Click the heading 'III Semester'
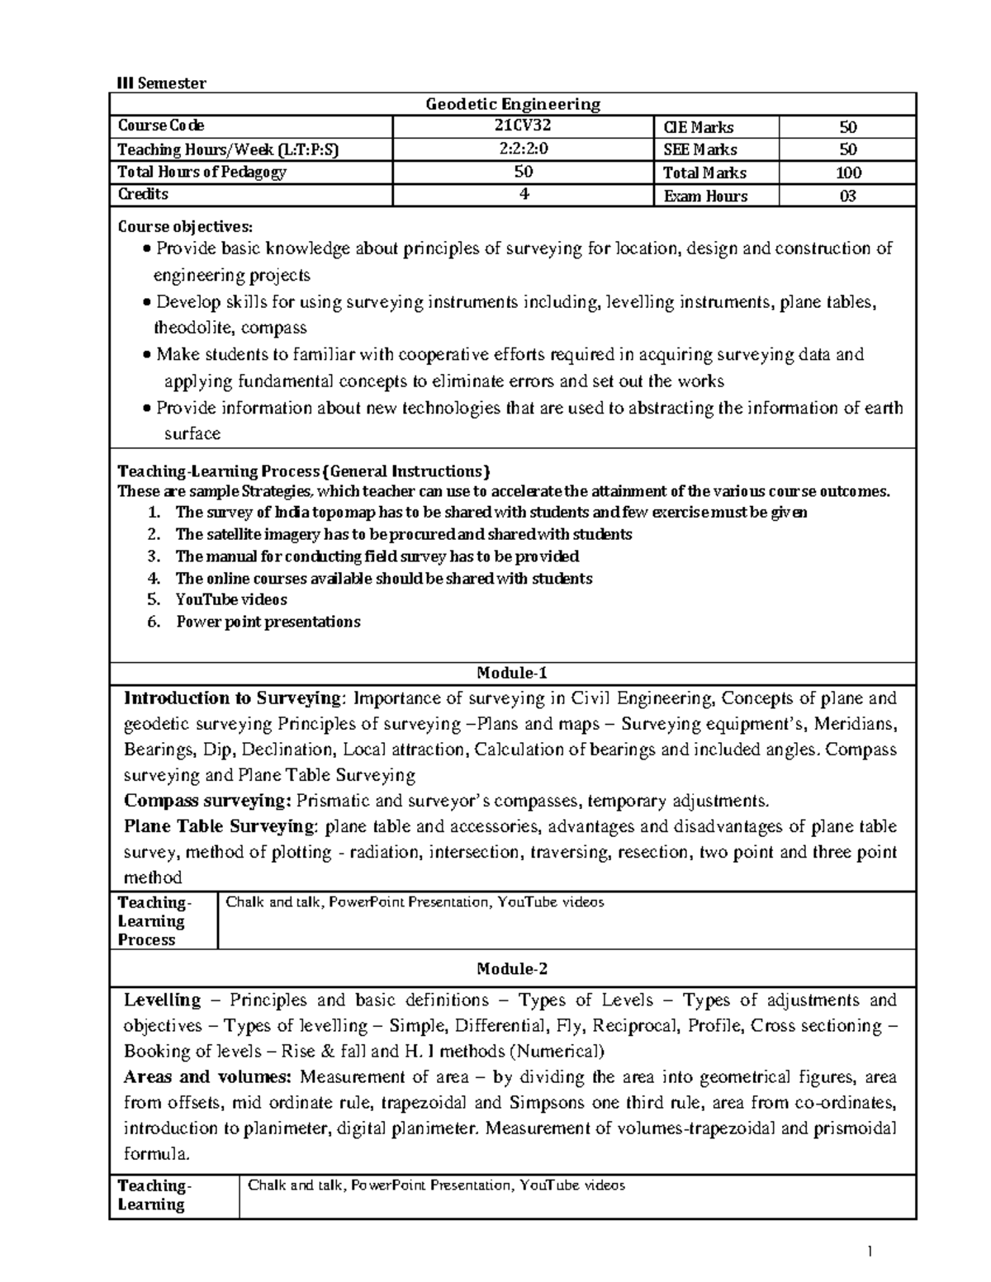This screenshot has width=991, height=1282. (161, 83)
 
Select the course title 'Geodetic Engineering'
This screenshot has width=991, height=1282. (512, 104)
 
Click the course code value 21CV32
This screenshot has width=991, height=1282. (522, 126)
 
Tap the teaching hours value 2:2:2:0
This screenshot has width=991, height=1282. (522, 149)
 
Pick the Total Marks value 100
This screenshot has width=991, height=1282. (847, 173)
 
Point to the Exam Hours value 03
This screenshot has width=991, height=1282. (847, 196)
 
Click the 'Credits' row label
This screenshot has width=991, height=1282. (143, 195)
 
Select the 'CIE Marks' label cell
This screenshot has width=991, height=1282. (698, 127)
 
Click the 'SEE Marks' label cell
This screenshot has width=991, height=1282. (699, 149)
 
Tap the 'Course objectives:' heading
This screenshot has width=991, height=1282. (187, 226)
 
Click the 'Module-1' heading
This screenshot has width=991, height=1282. (512, 674)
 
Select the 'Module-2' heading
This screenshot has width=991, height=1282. (512, 968)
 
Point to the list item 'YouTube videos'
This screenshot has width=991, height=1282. (231, 599)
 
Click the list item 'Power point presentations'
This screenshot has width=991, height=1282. (268, 622)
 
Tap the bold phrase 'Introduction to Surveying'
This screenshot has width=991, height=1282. (232, 698)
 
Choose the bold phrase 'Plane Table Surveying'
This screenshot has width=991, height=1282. (220, 826)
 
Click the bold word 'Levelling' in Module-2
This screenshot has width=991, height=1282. (163, 1001)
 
